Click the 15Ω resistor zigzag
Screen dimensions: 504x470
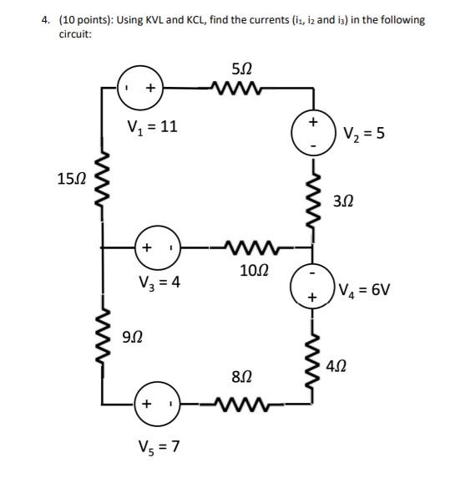[x=102, y=182]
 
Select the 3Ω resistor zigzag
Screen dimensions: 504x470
[x=313, y=201]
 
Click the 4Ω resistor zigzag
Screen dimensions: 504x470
[x=313, y=362]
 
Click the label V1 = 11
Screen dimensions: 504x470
[x=151, y=128]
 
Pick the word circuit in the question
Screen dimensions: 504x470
[x=76, y=35]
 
